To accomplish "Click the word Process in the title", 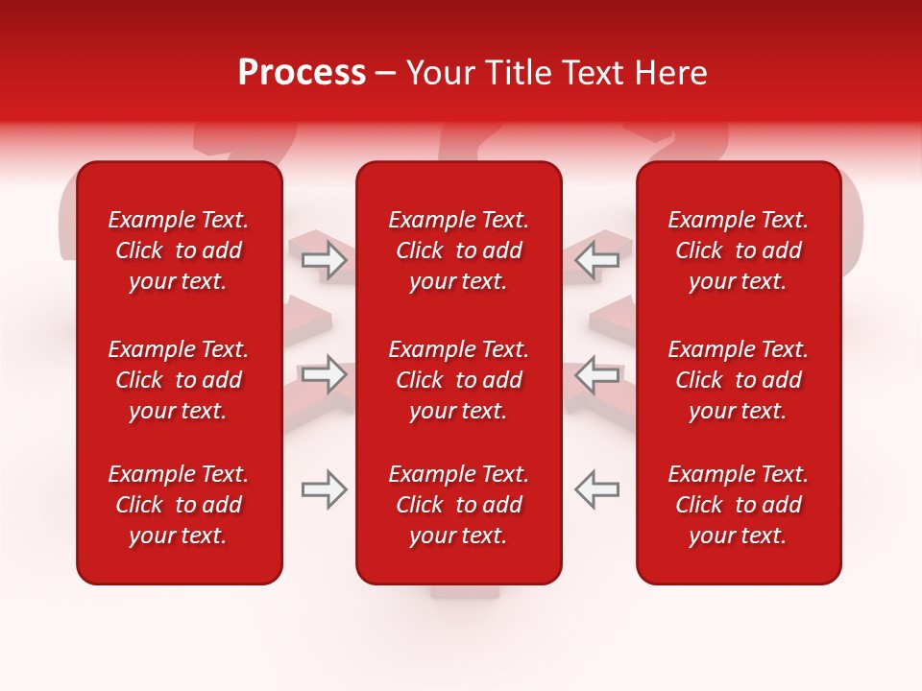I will (x=302, y=73).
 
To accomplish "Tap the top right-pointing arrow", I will (x=324, y=259).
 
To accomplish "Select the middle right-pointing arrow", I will (x=324, y=374).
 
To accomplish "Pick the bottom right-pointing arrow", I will (x=324, y=489).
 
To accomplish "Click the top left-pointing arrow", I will (x=597, y=259).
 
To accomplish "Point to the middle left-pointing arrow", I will (x=597, y=374).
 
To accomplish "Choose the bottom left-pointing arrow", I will (x=597, y=489).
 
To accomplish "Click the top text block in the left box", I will (x=179, y=250).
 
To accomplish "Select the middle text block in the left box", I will (x=179, y=380).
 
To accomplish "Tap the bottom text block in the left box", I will (x=179, y=505).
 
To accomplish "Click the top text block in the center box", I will (x=459, y=250).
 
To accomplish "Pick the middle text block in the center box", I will (x=459, y=380).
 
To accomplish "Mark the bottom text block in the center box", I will (x=459, y=505).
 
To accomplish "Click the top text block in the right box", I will (x=739, y=250).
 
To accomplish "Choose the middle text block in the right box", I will (x=739, y=380).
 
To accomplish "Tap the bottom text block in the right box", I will (x=739, y=505).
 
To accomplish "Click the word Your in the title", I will (x=439, y=73).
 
